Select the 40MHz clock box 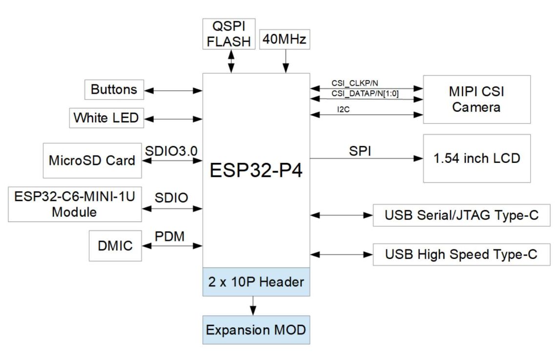(285, 40)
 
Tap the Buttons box (114, 90)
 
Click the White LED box (106, 118)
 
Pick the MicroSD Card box (92, 160)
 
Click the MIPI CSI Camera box (476, 100)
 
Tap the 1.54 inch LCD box (476, 159)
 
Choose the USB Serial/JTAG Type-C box (461, 215)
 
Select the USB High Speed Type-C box (461, 255)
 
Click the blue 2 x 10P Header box (256, 281)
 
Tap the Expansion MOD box (256, 330)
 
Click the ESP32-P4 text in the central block (256, 171)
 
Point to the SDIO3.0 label (171, 151)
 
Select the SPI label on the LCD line (360, 151)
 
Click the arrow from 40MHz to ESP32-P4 (285, 61)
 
